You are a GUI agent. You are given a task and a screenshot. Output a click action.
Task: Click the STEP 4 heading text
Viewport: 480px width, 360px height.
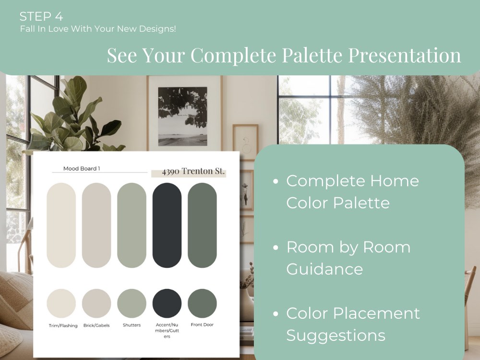click(41, 16)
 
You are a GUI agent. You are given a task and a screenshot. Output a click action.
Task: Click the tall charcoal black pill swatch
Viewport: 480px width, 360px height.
click(167, 225)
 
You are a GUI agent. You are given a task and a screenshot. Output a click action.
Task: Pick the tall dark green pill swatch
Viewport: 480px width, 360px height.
click(202, 225)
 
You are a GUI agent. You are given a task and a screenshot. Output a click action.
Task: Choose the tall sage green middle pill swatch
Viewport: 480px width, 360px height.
click(132, 225)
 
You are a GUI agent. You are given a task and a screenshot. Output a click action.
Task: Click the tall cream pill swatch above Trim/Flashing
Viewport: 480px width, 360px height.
click(61, 225)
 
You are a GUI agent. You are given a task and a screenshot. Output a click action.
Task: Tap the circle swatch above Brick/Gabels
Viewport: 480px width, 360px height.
click(96, 303)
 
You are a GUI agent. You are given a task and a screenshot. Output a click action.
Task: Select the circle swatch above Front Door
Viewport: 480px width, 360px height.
click(202, 303)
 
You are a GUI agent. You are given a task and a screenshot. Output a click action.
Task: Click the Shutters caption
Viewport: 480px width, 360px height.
click(132, 325)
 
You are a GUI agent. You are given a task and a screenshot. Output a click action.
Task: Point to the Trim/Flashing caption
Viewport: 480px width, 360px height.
click(61, 325)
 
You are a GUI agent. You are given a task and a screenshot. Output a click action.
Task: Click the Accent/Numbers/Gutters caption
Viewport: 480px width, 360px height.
click(167, 331)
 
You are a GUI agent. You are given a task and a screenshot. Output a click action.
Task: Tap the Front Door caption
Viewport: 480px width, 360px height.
click(202, 325)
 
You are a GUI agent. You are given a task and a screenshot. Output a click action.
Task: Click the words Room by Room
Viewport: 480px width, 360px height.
click(348, 247)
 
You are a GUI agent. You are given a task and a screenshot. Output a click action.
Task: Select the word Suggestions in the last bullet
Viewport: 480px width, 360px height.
click(336, 335)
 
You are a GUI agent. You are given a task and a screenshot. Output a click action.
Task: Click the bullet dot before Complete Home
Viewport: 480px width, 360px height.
click(275, 182)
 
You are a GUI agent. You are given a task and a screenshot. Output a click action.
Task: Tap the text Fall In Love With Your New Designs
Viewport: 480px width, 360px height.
click(98, 29)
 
